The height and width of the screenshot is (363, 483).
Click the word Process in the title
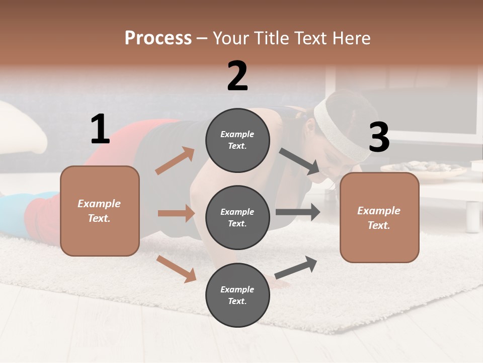(158, 38)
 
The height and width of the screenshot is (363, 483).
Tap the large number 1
(100, 130)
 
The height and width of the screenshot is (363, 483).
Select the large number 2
(237, 76)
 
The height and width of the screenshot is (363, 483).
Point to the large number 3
(379, 137)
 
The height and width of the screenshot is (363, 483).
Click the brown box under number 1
(100, 211)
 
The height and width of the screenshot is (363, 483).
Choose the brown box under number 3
(379, 217)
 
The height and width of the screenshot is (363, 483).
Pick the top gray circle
(237, 140)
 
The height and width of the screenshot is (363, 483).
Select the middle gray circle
(237, 217)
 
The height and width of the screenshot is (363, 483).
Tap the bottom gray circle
(237, 295)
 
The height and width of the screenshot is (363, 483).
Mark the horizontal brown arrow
(176, 213)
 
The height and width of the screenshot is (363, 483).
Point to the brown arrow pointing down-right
(176, 268)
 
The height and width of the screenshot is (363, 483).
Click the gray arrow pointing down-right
(299, 161)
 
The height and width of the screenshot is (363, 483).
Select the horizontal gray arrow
(297, 212)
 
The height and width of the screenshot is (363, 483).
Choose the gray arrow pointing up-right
(296, 267)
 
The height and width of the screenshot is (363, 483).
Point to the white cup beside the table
(472, 217)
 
